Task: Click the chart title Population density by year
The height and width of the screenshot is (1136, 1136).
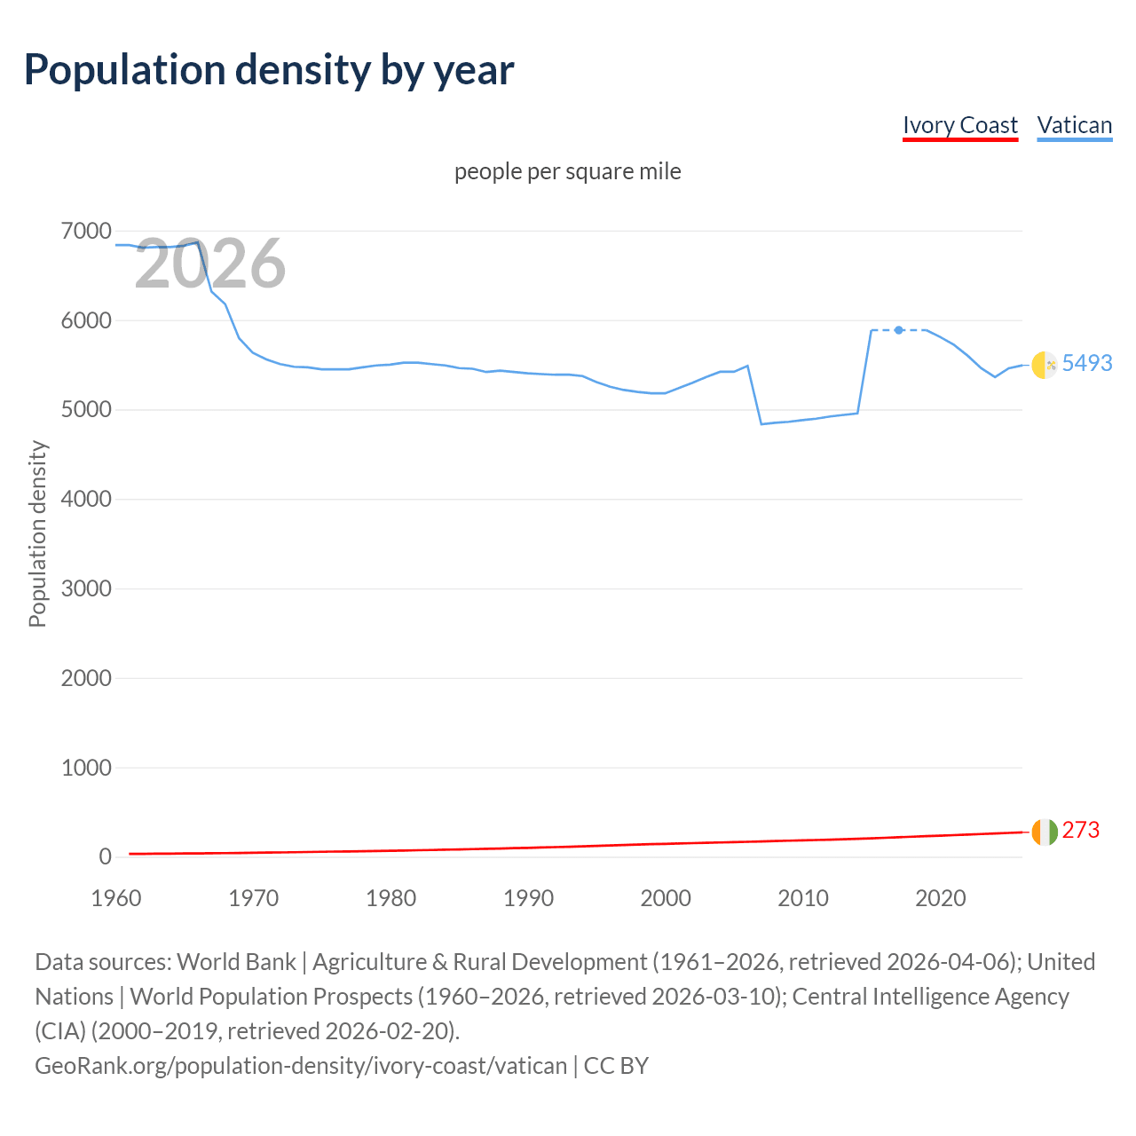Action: (269, 70)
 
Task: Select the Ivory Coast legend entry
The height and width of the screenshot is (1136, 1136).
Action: (959, 125)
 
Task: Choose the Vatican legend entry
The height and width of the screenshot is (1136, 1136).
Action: (1074, 125)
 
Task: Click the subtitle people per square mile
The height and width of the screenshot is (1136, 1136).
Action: (567, 171)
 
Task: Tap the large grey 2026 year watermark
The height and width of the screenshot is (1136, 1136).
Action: (210, 264)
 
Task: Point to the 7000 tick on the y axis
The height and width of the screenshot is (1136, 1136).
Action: (86, 232)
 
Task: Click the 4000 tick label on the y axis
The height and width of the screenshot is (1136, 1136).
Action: (86, 500)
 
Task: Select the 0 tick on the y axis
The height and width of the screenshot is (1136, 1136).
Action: (105, 857)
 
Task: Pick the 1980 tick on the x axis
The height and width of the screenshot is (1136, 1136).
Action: (390, 898)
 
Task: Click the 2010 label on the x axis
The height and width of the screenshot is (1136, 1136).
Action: (803, 898)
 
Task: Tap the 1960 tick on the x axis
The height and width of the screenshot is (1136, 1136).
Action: (116, 898)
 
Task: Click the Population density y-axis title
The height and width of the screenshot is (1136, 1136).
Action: (37, 534)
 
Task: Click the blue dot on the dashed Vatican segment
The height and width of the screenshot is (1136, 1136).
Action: (898, 330)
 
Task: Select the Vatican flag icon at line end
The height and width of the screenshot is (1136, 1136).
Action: (1044, 365)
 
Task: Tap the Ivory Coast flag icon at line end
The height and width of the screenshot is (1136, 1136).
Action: (1044, 832)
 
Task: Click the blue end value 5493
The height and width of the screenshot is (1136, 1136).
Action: (1086, 363)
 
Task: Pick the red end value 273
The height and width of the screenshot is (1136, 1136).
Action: (1080, 830)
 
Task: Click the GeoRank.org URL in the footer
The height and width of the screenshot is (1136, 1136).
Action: (300, 1065)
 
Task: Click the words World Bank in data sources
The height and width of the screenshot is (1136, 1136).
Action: (236, 962)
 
